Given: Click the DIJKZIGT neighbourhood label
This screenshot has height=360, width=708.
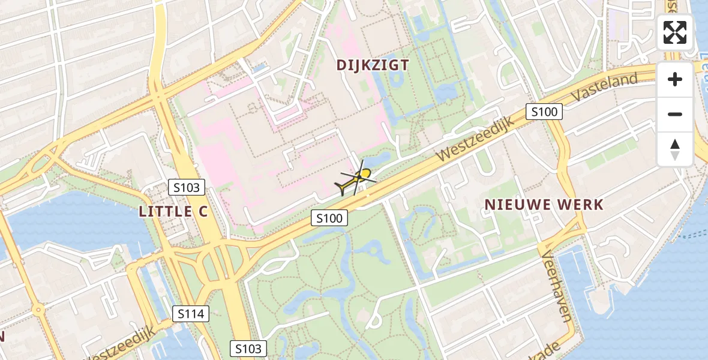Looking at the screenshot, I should tap(373, 65).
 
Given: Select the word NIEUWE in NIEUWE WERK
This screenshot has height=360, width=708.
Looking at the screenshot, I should tap(516, 205).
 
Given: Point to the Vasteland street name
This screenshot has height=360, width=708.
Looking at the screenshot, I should tap(604, 88).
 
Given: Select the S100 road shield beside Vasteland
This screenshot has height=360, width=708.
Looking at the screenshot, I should tap(544, 111).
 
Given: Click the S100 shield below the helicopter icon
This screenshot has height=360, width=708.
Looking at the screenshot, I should tap(329, 218).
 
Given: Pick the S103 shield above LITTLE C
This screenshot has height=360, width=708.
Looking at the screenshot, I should tap(186, 187).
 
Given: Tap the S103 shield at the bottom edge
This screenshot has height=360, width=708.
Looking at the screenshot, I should tap(248, 349).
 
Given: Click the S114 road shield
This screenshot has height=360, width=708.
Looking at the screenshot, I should tap(191, 313).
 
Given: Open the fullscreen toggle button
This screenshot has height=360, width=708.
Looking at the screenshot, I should tap(675, 32).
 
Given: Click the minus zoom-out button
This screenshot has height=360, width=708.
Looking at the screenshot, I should tap(675, 114).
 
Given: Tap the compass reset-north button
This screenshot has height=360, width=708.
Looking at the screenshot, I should tap(675, 149).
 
